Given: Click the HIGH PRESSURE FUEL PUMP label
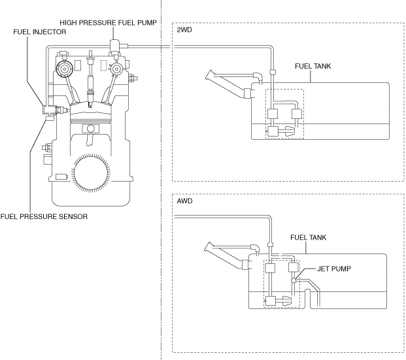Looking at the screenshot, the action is [x=109, y=23].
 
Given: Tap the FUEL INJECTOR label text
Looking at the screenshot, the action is [x=40, y=32].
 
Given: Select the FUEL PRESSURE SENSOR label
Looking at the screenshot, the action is [x=44, y=216].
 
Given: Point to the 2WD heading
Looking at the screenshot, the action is [x=184, y=30].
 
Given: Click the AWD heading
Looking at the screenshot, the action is [x=184, y=201].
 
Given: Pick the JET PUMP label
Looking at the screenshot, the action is [x=334, y=269].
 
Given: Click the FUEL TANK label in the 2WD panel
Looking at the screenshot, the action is [x=313, y=66].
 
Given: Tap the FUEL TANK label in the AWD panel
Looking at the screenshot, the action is [x=308, y=238].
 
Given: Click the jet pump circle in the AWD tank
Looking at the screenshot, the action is [x=294, y=280].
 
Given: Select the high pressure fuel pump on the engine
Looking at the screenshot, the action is [x=114, y=46].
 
